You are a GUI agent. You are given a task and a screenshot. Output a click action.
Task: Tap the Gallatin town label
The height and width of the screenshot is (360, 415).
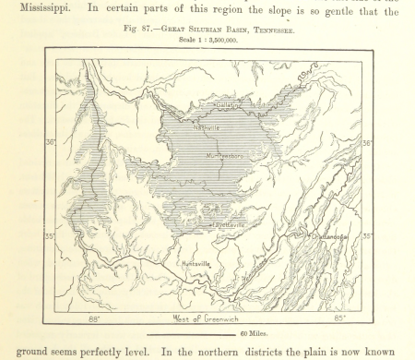point(228,106)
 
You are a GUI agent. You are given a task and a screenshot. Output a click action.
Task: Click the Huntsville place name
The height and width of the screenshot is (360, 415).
point(196,264)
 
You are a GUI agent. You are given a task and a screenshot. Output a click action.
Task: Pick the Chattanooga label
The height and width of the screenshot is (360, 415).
point(326,237)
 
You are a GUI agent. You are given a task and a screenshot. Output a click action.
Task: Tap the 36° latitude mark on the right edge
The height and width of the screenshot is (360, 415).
point(366,143)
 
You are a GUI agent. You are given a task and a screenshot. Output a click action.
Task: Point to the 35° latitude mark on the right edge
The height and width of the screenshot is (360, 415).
point(366,237)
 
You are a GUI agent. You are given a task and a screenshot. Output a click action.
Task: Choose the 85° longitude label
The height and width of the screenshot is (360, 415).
point(338,319)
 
